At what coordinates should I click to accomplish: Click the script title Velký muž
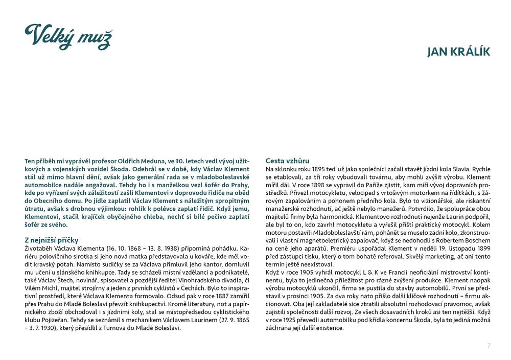point(68,37)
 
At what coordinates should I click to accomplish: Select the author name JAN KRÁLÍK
point(458,52)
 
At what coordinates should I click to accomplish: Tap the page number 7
point(489,345)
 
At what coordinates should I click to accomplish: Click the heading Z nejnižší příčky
point(51,239)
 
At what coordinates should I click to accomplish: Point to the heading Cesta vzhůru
point(287,161)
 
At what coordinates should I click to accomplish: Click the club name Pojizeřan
point(54,320)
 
